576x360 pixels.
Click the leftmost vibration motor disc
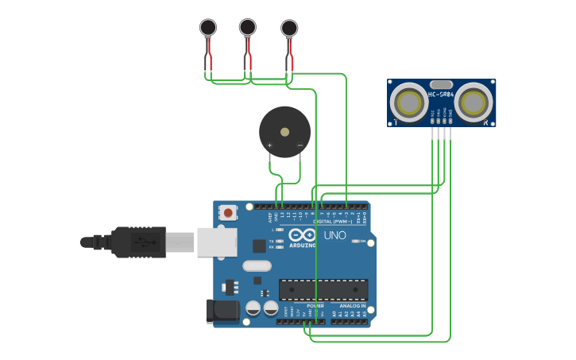point(208,28)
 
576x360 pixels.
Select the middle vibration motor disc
point(248,28)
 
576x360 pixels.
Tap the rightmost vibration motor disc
point(289,29)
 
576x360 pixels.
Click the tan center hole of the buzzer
point(284,131)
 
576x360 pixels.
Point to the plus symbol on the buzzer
point(270,145)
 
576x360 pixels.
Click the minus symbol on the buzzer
point(300,145)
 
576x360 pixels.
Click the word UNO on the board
point(334,236)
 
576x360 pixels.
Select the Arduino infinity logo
point(303,235)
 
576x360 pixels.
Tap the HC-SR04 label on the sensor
point(441,95)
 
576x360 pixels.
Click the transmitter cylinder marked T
point(409,103)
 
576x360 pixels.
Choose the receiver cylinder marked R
point(474,103)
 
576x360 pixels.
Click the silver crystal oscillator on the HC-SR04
point(441,84)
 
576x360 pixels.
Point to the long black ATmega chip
point(323,290)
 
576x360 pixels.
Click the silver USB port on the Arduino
point(216,242)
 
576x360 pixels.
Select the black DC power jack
point(222,311)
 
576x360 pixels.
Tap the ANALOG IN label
point(353,306)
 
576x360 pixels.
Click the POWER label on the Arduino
point(315,306)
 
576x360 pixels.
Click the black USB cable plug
point(138,242)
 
